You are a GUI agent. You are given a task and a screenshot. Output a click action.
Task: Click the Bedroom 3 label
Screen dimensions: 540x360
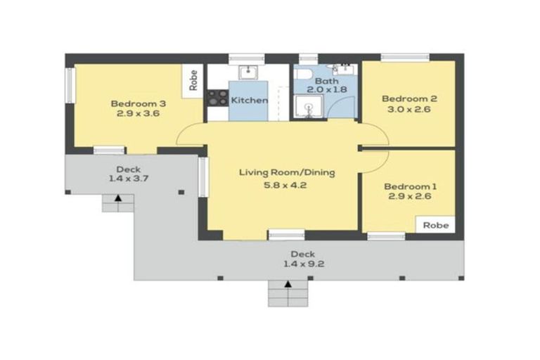139,103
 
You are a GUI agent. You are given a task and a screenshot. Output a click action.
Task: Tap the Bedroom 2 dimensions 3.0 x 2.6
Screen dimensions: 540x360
409,109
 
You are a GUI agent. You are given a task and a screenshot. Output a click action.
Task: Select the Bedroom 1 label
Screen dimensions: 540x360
410,187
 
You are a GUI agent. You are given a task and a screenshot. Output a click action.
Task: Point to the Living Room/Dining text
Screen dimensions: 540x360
287,172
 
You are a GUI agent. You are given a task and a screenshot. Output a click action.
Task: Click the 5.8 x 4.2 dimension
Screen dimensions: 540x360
285,185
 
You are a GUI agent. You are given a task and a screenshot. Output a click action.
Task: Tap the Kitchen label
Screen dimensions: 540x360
249,101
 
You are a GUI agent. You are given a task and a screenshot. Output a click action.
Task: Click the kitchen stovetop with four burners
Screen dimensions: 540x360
218,98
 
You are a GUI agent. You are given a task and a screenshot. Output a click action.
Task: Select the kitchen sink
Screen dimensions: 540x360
247,72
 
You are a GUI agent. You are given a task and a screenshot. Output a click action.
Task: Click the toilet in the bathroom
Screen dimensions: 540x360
303,74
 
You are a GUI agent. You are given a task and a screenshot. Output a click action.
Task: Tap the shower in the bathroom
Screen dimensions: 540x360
309,107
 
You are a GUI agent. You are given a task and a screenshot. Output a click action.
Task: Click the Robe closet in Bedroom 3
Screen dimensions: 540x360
193,81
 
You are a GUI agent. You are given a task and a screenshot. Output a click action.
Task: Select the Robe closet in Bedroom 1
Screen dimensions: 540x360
436,225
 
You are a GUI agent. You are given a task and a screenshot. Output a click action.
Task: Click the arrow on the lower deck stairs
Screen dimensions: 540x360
288,284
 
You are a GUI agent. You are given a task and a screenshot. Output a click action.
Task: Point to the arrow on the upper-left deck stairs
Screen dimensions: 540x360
118,198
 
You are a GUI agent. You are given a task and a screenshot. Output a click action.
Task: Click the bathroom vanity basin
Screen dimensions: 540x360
345,70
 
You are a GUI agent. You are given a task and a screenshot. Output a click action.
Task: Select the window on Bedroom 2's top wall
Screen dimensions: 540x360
405,57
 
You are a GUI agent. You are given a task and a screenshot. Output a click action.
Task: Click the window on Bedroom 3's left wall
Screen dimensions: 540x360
70,85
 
